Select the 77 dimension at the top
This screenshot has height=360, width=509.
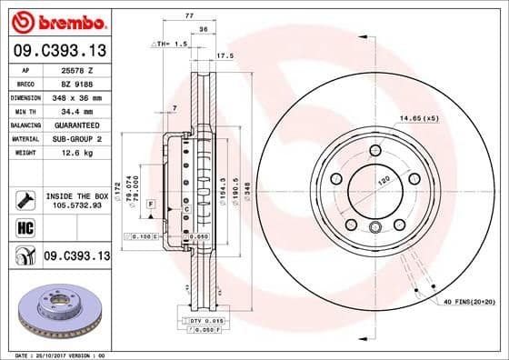(x=190, y=15)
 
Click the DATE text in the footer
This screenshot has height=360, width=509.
(x=20, y=354)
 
